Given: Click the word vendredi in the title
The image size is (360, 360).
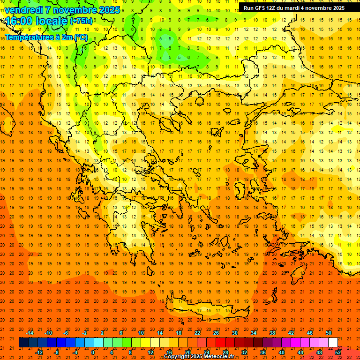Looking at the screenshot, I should point(24,9).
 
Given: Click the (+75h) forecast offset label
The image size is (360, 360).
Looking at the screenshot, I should point(81,21).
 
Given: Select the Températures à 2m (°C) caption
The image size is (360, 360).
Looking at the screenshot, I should point(46,37).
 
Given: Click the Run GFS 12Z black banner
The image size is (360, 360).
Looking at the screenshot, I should point(294,7).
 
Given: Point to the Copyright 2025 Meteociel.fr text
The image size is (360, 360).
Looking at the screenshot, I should point(199,357).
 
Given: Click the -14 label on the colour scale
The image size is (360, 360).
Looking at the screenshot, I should point(30,333).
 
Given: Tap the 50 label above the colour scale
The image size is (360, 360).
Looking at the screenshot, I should point(328,333).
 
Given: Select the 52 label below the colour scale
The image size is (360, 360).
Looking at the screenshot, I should point(338,352).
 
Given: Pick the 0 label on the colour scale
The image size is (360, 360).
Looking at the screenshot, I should point(92,352).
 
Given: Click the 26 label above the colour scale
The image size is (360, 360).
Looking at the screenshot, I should point(216,333).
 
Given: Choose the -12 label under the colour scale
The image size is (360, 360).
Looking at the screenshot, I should point(39,352).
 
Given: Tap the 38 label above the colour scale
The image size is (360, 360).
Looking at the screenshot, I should point(272,333).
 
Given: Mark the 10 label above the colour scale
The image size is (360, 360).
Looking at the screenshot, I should point(141,333).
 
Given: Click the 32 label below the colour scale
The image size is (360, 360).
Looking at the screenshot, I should point(244,352).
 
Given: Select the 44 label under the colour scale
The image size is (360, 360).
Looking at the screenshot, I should point(300,352).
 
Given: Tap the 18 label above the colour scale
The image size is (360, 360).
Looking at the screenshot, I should point(179,333).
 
